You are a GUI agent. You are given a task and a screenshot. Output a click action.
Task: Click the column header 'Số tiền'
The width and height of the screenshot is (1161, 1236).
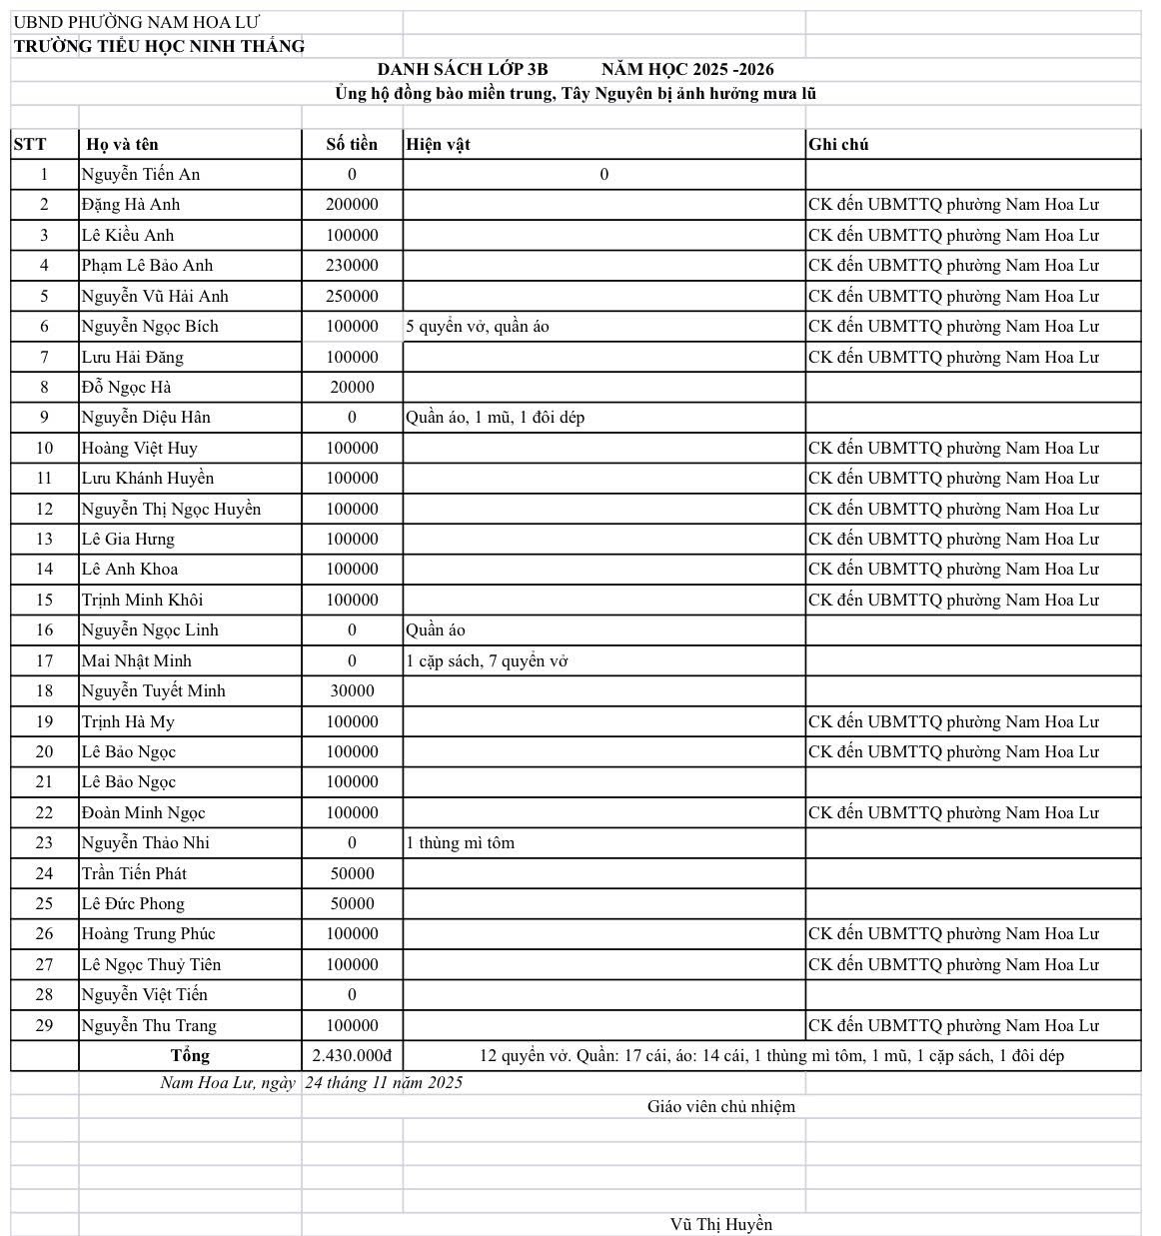[x=352, y=144]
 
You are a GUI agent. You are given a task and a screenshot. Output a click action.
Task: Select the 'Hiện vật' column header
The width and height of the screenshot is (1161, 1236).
[x=438, y=144]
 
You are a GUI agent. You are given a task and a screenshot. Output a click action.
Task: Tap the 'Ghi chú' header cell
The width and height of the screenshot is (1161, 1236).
[x=838, y=144]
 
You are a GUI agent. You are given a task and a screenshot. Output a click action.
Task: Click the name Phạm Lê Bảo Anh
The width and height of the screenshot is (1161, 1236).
[x=147, y=265]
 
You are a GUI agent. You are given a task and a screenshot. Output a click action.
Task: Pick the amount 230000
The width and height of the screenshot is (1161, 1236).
[x=352, y=265]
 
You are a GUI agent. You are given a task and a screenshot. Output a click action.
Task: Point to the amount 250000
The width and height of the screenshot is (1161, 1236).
[x=352, y=296]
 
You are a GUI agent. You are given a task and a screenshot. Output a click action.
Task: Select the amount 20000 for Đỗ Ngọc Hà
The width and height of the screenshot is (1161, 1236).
[x=352, y=387]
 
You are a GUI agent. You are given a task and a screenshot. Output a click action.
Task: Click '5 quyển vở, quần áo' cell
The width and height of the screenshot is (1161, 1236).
[x=478, y=326]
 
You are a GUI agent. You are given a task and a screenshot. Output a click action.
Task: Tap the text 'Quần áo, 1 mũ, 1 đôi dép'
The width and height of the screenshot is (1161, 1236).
[x=495, y=417]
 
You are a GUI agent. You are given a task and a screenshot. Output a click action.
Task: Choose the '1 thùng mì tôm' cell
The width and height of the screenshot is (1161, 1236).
[x=460, y=842]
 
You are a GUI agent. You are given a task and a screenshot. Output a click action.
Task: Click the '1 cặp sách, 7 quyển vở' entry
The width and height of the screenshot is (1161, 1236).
[x=487, y=660]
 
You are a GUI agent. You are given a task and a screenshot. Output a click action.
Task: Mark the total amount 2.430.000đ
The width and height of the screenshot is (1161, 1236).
[x=352, y=1055]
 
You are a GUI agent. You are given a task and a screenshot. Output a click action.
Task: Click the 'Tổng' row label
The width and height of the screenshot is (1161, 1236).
[x=190, y=1055]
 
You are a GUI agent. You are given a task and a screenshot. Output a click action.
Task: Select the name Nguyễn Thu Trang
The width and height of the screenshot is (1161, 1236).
[x=149, y=1025]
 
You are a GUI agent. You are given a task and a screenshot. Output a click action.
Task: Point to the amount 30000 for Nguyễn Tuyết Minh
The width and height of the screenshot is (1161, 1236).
[x=352, y=690]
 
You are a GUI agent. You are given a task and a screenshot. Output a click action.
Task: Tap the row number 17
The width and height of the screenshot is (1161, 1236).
[x=44, y=660]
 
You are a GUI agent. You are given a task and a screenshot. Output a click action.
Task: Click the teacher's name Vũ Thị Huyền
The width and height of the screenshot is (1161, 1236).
[x=720, y=1224]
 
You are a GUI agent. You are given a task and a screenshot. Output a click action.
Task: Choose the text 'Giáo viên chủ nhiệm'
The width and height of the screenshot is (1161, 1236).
[x=720, y=1106]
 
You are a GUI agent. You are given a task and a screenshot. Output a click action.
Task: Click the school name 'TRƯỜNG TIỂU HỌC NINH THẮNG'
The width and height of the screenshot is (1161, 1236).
[x=159, y=46]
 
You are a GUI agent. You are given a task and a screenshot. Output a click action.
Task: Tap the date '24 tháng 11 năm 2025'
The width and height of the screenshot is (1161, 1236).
[x=384, y=1082]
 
